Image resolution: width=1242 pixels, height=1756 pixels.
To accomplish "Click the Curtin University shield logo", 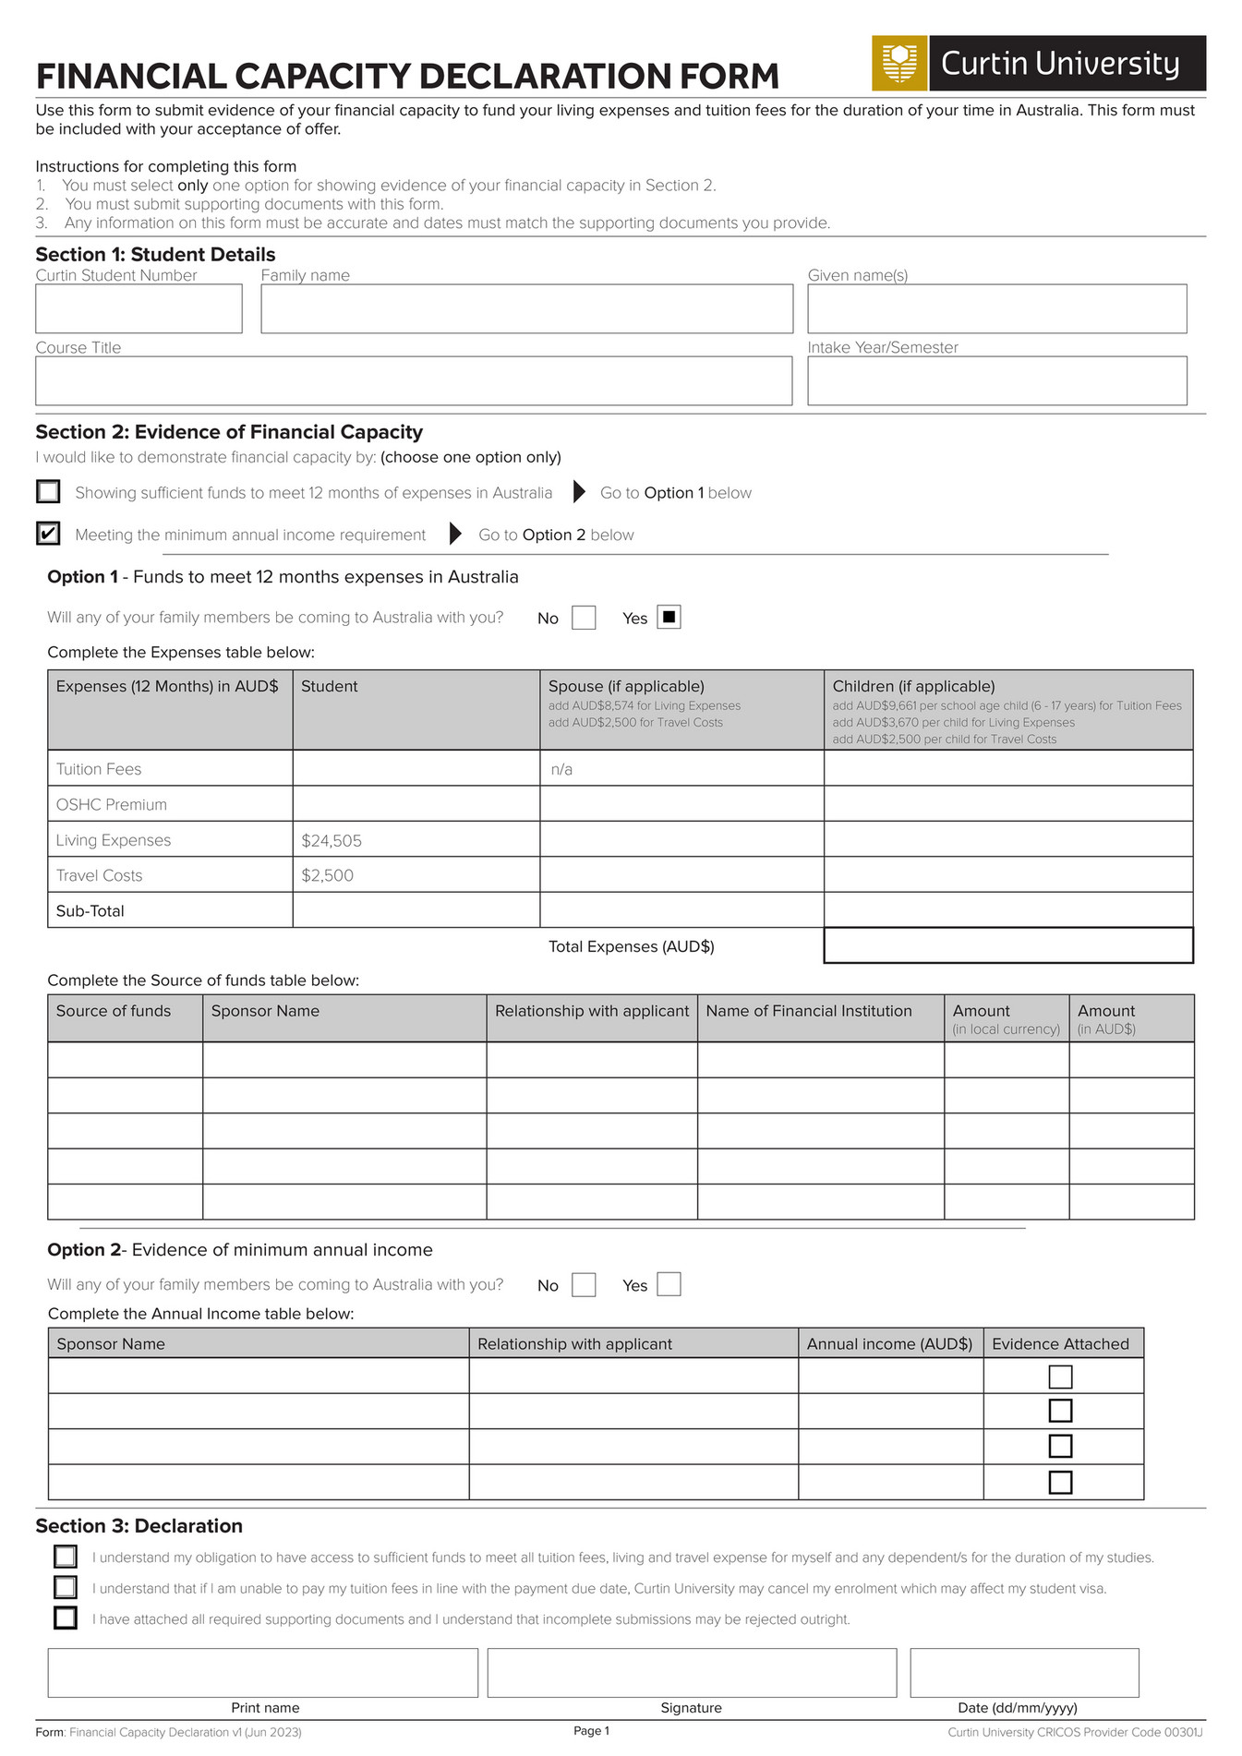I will (x=898, y=63).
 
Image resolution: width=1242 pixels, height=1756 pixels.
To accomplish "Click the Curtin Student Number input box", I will (x=139, y=308).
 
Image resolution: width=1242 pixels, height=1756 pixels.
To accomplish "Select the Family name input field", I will (x=526, y=308).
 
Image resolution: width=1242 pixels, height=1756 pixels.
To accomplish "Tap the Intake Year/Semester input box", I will (x=996, y=380).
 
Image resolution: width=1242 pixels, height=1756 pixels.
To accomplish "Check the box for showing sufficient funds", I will (x=48, y=491).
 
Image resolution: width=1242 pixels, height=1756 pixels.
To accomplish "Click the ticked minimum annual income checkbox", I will (x=48, y=534).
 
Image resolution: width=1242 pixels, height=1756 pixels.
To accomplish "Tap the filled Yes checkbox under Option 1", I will (x=669, y=617).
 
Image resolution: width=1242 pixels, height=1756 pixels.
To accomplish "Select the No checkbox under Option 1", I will (x=584, y=618).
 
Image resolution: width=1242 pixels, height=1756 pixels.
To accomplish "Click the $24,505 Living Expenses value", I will (x=332, y=840).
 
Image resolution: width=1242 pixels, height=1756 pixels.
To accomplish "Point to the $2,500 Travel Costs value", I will (x=328, y=875).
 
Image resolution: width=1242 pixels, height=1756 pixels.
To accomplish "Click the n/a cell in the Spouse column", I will (x=561, y=769).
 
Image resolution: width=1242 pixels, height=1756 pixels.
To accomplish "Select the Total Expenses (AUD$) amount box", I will (x=1007, y=945).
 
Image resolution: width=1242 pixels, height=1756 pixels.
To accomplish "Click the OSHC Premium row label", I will (x=112, y=804).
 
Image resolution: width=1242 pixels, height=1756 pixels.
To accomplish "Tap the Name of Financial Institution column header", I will (x=809, y=1011).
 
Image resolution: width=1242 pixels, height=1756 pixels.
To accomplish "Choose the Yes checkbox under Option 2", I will (x=669, y=1284).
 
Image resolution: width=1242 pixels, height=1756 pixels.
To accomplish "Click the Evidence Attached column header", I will (x=1060, y=1344).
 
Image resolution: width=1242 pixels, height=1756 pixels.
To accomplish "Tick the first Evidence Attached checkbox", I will (x=1060, y=1377).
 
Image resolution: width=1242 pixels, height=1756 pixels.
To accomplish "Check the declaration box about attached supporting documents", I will (x=66, y=1618).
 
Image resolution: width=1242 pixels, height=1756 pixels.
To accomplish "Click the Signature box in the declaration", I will (x=692, y=1673).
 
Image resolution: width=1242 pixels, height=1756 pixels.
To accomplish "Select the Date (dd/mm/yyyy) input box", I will (x=1024, y=1673).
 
